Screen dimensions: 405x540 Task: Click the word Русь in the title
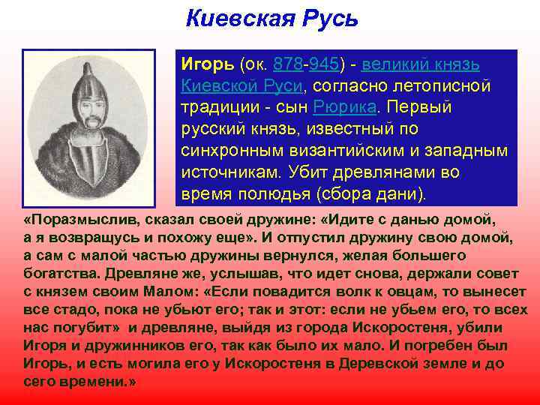328,17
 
